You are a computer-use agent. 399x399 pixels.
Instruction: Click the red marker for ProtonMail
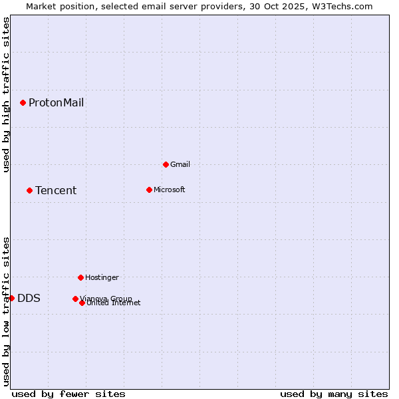click(x=23, y=102)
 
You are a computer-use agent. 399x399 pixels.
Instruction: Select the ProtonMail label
click(x=56, y=102)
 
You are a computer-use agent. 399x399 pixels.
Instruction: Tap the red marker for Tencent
click(x=29, y=190)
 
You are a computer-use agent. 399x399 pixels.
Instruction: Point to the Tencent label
click(x=56, y=191)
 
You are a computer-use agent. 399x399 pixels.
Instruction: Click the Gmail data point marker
click(x=166, y=164)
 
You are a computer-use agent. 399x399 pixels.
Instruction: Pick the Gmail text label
click(x=180, y=164)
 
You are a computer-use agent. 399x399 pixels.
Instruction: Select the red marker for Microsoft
click(x=149, y=190)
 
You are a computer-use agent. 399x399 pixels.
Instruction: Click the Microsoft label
click(x=169, y=190)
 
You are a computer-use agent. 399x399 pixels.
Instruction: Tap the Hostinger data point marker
click(x=80, y=277)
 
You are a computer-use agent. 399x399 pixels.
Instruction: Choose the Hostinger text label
click(x=102, y=277)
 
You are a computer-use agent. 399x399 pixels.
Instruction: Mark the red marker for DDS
click(x=11, y=298)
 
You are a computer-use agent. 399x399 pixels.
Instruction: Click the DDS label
click(x=29, y=299)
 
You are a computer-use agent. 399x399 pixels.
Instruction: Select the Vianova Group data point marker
click(x=75, y=299)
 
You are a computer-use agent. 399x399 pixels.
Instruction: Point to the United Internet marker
click(x=82, y=303)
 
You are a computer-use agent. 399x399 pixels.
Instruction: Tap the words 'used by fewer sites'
click(x=68, y=394)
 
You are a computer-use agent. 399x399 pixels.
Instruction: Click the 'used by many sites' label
click(x=334, y=394)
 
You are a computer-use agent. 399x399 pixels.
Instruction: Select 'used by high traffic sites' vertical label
click(x=6, y=94)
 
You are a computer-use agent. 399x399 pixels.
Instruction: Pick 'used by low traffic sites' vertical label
click(x=6, y=311)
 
